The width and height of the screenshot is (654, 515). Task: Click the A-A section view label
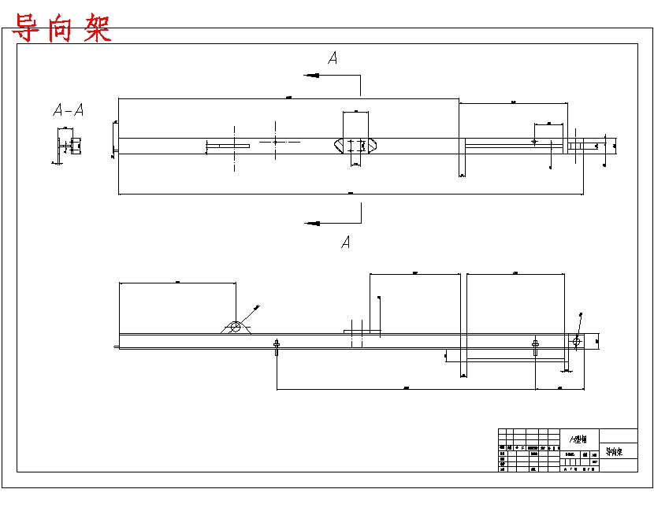click(68, 110)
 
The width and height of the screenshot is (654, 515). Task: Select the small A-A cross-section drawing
click(66, 147)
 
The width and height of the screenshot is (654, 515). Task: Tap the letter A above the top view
click(333, 57)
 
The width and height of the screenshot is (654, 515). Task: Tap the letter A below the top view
click(345, 243)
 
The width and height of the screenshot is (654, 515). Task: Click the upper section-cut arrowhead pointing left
click(312, 76)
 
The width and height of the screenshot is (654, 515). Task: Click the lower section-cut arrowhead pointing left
click(312, 224)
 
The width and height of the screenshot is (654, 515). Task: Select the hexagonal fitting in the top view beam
click(356, 146)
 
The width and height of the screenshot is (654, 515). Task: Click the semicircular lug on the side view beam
click(235, 328)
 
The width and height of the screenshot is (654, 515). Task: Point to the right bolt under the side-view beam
click(536, 346)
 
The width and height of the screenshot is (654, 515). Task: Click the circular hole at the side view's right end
click(577, 341)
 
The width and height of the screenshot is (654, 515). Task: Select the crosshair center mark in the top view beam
click(275, 142)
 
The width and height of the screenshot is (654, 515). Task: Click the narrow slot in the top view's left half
click(228, 146)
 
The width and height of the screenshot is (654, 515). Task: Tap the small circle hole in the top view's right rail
click(534, 142)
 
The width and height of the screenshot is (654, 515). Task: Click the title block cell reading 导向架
click(614, 452)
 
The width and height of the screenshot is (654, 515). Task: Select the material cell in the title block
click(579, 439)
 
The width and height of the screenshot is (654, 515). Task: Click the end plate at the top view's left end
click(117, 146)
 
